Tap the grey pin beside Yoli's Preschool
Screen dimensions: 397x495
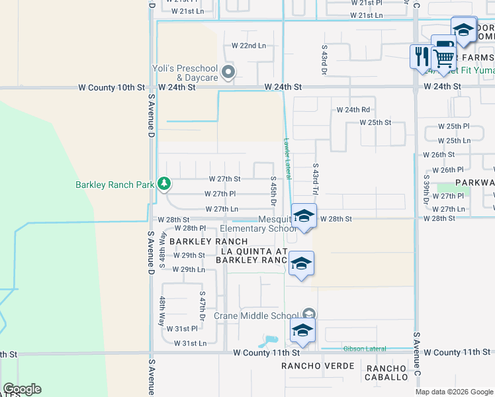[x=228, y=72]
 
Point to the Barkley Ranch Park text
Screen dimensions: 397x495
[x=114, y=185]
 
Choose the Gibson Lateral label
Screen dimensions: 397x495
[x=364, y=349]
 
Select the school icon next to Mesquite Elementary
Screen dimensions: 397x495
[x=304, y=216]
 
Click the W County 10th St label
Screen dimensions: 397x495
[x=111, y=87]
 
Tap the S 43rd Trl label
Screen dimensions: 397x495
[x=316, y=179]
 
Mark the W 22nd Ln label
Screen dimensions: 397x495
[x=248, y=46]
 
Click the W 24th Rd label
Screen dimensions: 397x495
[x=353, y=109]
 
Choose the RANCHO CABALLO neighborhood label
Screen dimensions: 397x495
[x=387, y=373]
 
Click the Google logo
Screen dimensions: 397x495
[x=22, y=389]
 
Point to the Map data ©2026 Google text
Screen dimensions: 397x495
[x=453, y=392]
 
